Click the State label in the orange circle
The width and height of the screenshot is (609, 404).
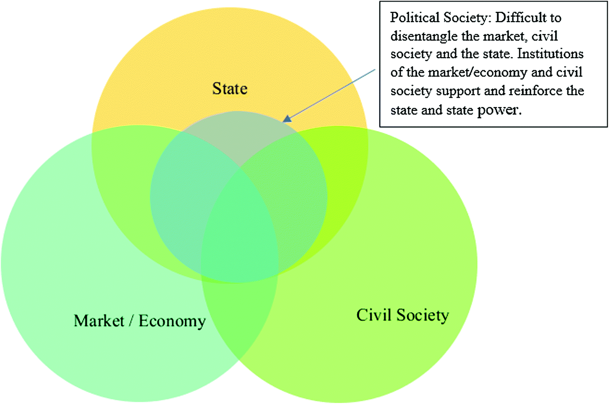(230, 88)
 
